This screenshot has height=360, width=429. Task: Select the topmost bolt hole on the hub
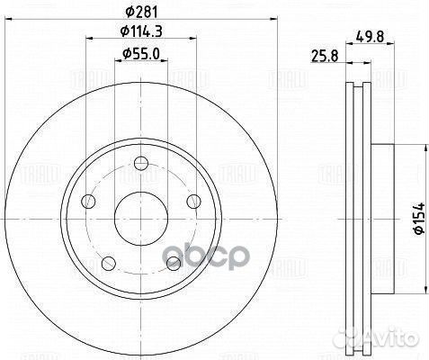(140, 164)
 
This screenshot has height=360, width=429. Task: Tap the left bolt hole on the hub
(87, 201)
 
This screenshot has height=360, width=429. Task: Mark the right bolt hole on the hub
(192, 201)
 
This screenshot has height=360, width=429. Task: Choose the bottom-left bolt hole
(107, 263)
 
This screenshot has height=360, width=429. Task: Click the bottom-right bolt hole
(173, 263)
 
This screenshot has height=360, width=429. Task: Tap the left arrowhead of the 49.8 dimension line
(350, 62)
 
